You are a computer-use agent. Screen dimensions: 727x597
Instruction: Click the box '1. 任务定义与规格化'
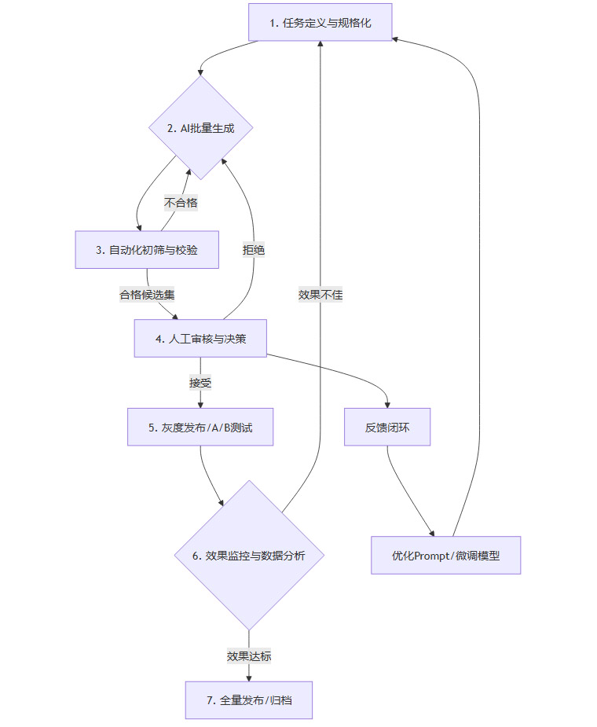[x=320, y=22]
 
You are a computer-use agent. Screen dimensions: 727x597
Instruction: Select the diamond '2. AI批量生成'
[x=201, y=128]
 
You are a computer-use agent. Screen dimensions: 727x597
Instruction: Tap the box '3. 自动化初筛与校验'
[x=147, y=249]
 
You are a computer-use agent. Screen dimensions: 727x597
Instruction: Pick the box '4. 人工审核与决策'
[x=200, y=338]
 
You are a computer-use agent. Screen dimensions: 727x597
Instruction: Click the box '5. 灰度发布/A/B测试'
[x=200, y=427]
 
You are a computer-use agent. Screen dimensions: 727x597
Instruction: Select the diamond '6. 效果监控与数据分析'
[x=249, y=555]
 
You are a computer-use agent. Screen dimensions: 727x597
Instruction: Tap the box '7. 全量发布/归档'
[x=249, y=699]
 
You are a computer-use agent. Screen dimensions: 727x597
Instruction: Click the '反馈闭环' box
[x=387, y=427]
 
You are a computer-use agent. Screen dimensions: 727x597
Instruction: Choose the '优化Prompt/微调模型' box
[x=445, y=555]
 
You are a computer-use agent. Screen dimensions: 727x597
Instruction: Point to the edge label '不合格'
[x=181, y=203]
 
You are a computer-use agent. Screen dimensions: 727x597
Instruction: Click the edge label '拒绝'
[x=254, y=250]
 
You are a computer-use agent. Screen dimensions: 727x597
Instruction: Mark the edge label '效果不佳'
[x=320, y=295]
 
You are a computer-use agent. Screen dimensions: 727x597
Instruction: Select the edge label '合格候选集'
[x=147, y=295]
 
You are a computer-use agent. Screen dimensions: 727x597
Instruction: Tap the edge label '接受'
[x=200, y=383]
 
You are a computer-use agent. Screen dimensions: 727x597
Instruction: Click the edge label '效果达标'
[x=249, y=655]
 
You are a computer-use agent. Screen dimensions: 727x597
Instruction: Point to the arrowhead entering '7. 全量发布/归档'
[x=249, y=677]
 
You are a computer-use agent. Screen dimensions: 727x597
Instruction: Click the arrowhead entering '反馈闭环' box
[x=388, y=403]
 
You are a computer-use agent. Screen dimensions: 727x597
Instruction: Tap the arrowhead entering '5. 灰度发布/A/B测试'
[x=200, y=404]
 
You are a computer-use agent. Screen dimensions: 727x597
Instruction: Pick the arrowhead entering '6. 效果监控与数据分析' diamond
[x=222, y=504]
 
